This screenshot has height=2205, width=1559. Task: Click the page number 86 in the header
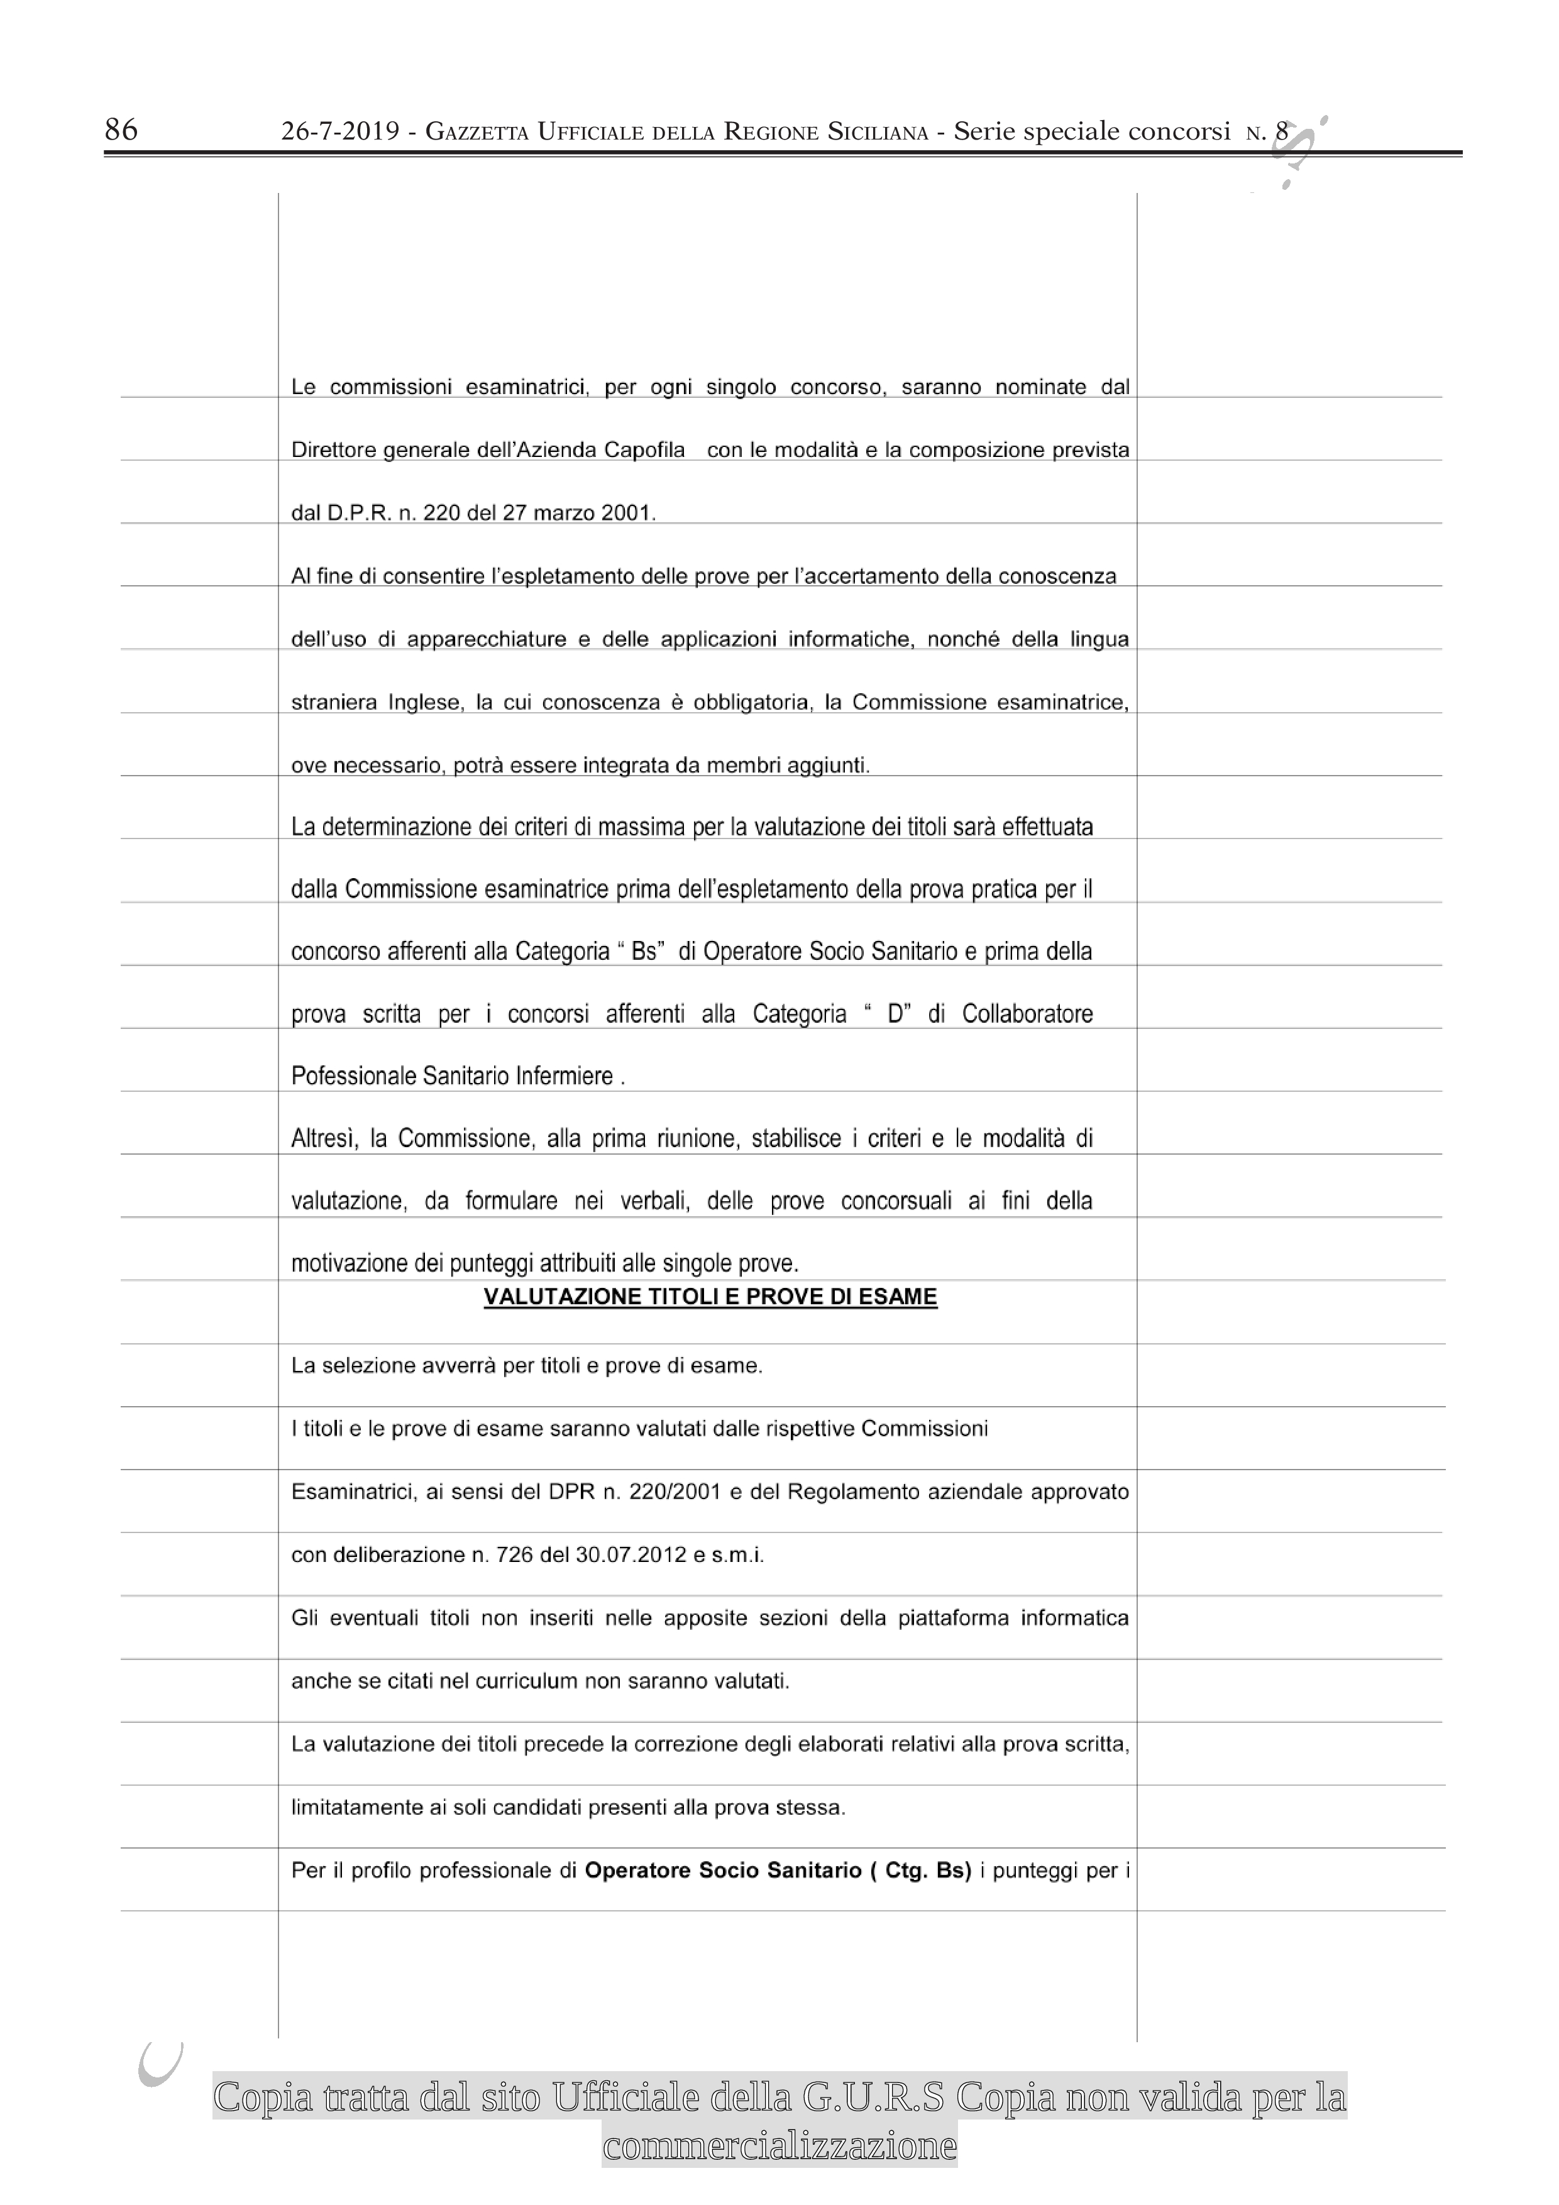121,129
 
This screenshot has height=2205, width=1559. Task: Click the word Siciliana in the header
878,133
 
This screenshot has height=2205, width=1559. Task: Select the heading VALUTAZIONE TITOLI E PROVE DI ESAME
710,1297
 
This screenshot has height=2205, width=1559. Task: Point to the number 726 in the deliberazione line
515,1555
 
